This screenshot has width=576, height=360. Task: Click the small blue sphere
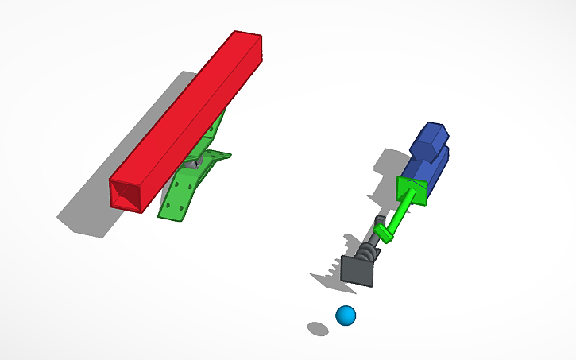pos(346,315)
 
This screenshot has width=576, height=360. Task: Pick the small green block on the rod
pos(385,233)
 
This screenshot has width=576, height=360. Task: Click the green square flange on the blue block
pos(411,190)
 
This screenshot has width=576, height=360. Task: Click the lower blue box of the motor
pos(425,168)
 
